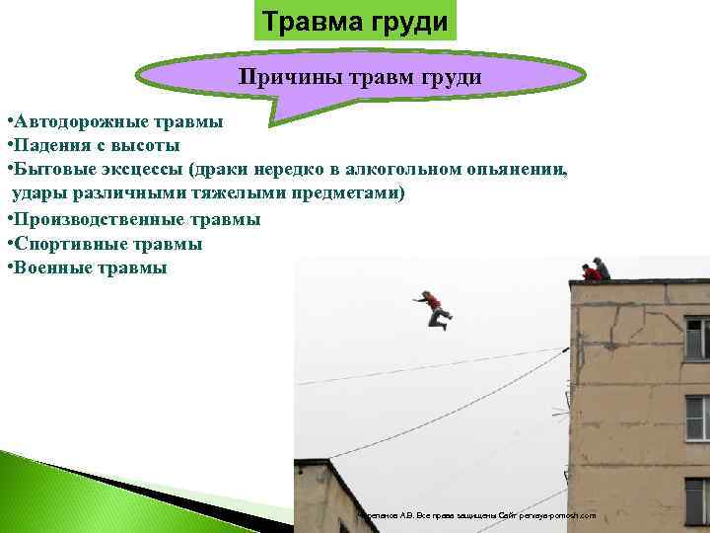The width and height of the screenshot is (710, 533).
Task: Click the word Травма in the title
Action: (x=310, y=22)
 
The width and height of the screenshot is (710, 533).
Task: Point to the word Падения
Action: (x=51, y=147)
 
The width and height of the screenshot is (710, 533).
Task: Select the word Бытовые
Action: (x=54, y=171)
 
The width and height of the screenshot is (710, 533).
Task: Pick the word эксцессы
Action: (x=145, y=171)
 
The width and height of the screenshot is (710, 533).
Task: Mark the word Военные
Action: (x=52, y=266)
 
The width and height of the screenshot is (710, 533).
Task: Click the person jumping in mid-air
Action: (x=435, y=308)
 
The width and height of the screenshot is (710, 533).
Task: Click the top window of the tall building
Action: (x=697, y=338)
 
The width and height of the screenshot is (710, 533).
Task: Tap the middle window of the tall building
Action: (x=697, y=416)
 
